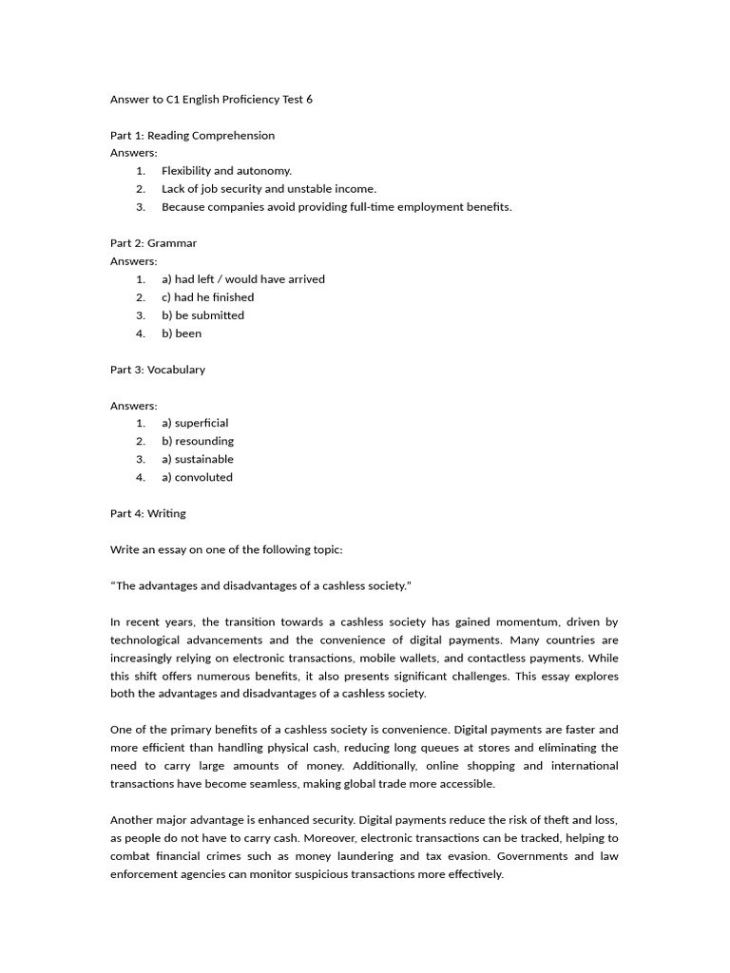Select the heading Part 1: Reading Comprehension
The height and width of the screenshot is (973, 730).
point(192,135)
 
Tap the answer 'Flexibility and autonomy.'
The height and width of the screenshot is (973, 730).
point(226,171)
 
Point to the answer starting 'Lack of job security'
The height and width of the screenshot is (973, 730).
point(269,189)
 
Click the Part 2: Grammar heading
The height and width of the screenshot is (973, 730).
point(153,243)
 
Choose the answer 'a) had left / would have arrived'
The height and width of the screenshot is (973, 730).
point(242,279)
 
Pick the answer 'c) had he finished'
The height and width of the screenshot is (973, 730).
point(207,297)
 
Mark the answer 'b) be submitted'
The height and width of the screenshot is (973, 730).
point(202,315)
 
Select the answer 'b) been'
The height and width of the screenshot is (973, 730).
point(182,334)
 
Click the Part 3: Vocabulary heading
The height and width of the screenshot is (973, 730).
point(157,370)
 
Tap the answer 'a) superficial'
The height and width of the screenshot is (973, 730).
point(195,423)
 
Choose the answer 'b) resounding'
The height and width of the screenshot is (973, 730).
point(197,441)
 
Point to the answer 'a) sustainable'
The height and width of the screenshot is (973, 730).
point(197,459)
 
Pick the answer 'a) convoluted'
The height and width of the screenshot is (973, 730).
point(197,477)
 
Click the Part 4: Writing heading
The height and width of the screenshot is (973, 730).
point(147,513)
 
